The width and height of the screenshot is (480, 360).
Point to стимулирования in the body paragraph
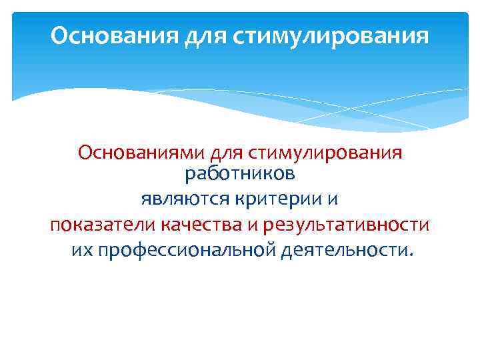coord(325,153)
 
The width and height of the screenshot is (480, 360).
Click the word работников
coord(239,175)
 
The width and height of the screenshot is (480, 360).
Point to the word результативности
coord(345,225)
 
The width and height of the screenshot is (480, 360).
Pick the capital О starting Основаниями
coord(84,153)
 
